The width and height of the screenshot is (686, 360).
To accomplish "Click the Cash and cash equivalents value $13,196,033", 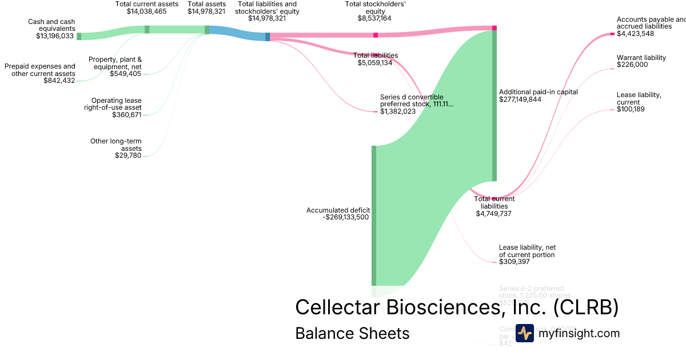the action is pos(55,35).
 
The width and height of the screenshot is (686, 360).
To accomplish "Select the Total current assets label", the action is pos(146,3).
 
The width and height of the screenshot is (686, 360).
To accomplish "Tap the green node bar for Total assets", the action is pos(207,30).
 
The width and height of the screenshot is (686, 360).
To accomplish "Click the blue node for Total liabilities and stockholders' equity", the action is pos(268,37).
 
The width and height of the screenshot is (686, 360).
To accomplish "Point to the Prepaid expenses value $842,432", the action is pos(59,81).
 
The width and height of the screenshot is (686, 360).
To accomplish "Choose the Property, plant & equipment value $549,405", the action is pos(125,74).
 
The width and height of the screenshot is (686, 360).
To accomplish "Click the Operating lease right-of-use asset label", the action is pos(117,104).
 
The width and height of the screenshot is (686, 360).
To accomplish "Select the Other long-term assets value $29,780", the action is pos(128,155).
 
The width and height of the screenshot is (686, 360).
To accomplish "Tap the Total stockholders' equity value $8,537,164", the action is pos(375,18).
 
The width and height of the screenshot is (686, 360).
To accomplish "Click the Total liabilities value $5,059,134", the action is pos(375,63).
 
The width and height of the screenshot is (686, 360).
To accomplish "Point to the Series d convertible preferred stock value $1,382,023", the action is pos(398,111).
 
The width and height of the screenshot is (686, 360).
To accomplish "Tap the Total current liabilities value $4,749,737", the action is pos(494,214).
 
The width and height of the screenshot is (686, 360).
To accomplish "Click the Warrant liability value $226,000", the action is pos(632,65).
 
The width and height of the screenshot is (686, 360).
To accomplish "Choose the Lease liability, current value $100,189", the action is pos(631,109).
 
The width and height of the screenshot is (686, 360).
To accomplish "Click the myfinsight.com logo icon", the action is pos(524,333).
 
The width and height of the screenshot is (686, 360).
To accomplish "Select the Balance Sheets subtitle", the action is pos(352,333).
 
